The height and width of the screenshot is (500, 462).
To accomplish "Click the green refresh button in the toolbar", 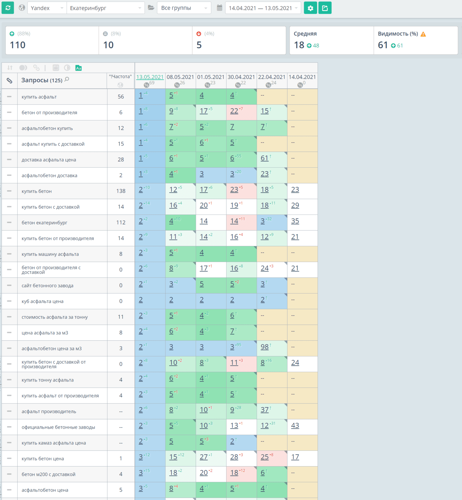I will click(x=8, y=8).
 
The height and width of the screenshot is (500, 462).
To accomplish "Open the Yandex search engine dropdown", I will click(x=46, y=8).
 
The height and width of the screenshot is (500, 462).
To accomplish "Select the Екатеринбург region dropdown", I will click(x=105, y=8).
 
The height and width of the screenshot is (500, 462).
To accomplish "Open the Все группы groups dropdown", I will click(x=184, y=8).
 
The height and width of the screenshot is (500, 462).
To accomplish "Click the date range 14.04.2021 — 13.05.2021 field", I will click(x=263, y=8).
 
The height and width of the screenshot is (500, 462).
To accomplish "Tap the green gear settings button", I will click(x=310, y=8).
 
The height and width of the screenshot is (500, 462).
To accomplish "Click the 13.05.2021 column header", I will click(x=150, y=77).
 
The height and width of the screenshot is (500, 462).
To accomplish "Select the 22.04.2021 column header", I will click(x=272, y=77).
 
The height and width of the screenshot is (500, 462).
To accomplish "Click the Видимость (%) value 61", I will click(x=383, y=45).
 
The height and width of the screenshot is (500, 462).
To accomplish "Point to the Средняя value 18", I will click(x=299, y=45).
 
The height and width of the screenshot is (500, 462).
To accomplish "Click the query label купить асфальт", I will click(x=39, y=97).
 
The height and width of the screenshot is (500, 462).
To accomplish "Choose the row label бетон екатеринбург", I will click(x=44, y=222).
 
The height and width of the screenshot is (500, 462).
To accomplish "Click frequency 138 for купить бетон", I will click(x=121, y=191).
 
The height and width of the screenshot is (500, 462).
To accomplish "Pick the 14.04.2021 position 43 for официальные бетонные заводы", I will click(x=295, y=426).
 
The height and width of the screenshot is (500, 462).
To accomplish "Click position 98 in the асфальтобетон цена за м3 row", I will click(x=264, y=347).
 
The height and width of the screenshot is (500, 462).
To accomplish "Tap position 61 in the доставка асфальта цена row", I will click(x=264, y=158).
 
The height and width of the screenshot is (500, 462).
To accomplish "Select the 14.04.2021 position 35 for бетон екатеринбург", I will click(x=295, y=221).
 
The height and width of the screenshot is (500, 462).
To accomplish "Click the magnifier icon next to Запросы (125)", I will click(x=67, y=80).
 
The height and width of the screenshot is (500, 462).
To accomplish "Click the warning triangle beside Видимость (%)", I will click(x=423, y=34).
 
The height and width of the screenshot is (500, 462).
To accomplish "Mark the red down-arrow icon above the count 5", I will click(x=199, y=34).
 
